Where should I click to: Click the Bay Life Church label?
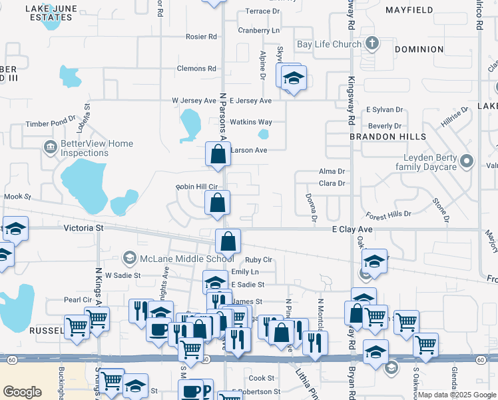pos(329,45)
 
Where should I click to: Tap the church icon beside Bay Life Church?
pos(372,45)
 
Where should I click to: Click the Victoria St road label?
pos(84,227)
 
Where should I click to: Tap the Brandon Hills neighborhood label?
pos(388,136)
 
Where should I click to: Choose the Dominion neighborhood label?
pos(419,49)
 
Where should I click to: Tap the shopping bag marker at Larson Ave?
pos(218,155)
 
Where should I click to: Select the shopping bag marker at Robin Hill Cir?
pos(218,202)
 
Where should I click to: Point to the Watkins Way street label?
pos(251,122)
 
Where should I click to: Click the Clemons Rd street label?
pos(196,69)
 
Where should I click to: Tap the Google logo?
pos(23,392)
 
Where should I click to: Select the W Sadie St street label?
pos(119,275)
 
